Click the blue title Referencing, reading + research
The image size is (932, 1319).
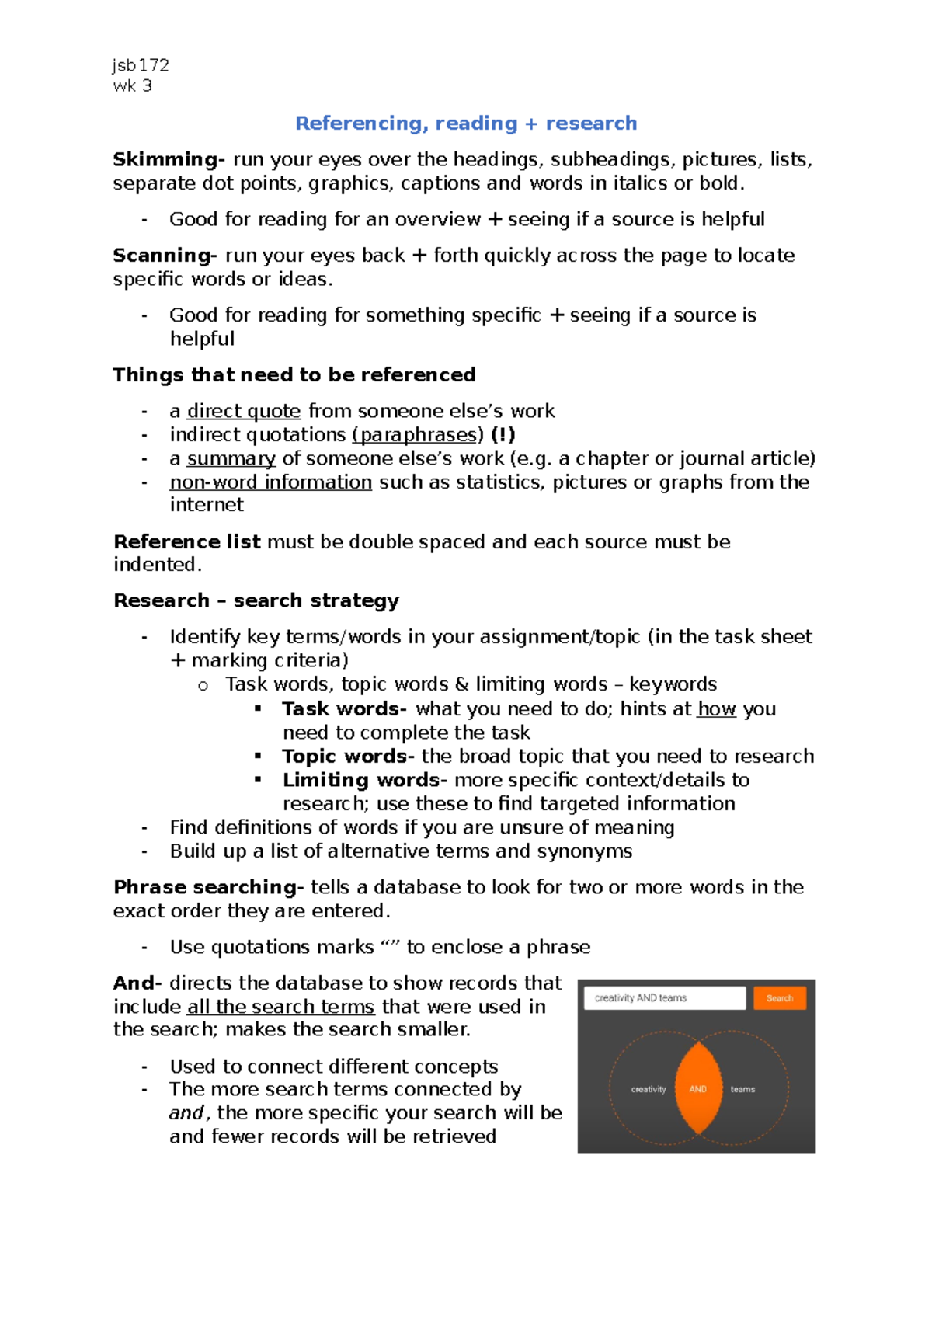point(466,124)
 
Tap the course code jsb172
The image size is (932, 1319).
point(141,65)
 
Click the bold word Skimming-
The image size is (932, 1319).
point(169,159)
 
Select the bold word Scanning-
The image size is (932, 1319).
point(165,256)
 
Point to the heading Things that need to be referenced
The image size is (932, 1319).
point(294,375)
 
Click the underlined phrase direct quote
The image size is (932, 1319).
point(244,411)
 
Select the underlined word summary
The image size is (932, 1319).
point(231,459)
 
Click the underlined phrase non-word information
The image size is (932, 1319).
point(271,482)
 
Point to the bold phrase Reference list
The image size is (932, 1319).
point(186,541)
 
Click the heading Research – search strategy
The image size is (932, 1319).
point(256,600)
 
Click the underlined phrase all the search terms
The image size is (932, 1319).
point(281,1007)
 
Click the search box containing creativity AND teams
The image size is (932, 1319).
point(664,998)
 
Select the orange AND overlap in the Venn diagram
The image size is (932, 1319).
point(698,1089)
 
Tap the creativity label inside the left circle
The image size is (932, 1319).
point(649,1089)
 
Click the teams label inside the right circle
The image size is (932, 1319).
point(742,1089)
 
